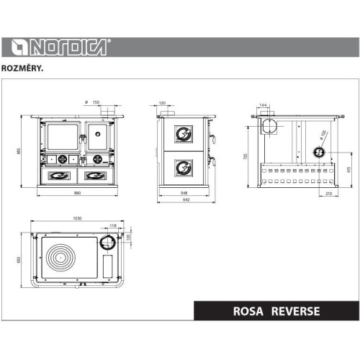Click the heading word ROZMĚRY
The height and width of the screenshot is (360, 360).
[x=27, y=69]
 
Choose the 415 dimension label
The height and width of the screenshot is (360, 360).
[x=348, y=170]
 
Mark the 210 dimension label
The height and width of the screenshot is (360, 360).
[x=328, y=194]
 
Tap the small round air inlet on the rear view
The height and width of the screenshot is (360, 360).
[x=318, y=152]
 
